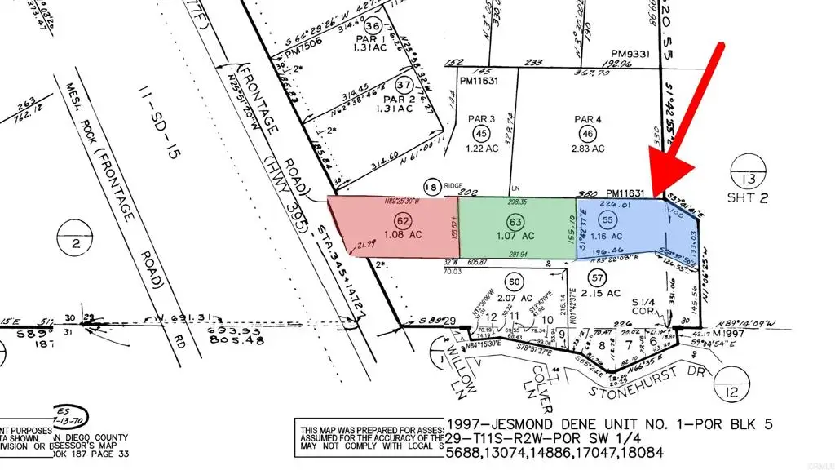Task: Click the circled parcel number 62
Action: click(401, 220)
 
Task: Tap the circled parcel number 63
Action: click(514, 220)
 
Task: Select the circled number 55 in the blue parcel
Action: click(607, 219)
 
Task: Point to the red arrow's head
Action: click(662, 184)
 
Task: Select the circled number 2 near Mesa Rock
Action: click(73, 243)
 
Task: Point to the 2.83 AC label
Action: click(587, 149)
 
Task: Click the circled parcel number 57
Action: click(599, 277)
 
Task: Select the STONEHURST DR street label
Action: click(659, 383)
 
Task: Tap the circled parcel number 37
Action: click(403, 85)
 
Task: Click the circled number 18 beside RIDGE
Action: click(433, 188)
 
